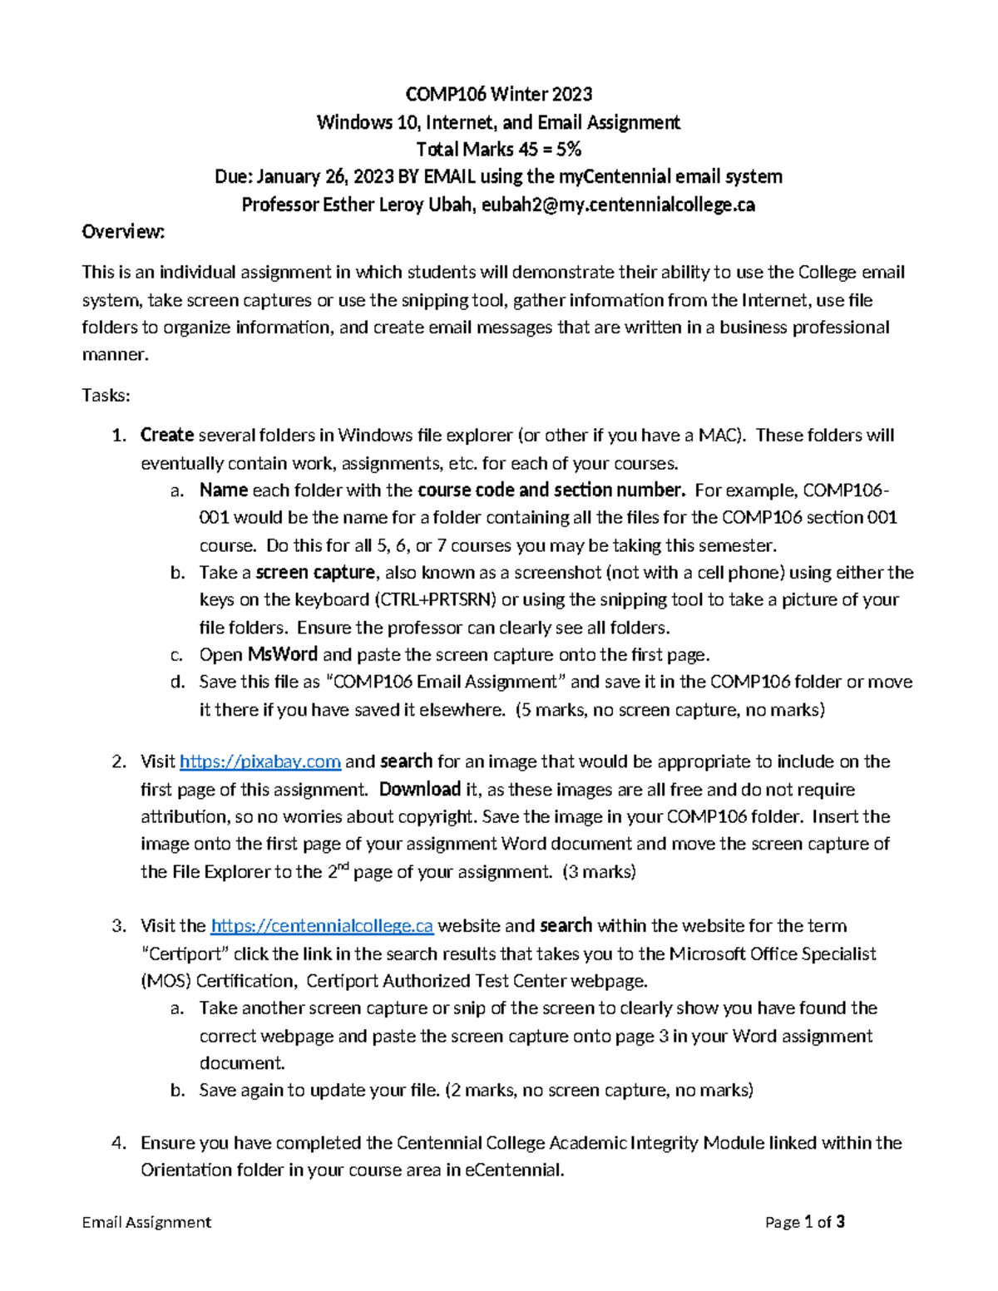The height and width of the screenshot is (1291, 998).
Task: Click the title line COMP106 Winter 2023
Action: [498, 94]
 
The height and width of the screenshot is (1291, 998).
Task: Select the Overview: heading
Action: [123, 232]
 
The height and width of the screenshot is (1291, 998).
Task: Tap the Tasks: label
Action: [106, 396]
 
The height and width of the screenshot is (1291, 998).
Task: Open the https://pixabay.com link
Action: [260, 762]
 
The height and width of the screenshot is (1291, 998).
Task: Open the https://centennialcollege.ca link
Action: [322, 926]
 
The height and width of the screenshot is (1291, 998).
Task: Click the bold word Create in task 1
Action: [166, 436]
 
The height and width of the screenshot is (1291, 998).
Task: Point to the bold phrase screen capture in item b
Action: [315, 573]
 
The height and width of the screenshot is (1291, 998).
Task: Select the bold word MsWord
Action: [283, 655]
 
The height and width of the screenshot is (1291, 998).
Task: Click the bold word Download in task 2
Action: [419, 790]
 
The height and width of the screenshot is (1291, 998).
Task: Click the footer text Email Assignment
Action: [146, 1222]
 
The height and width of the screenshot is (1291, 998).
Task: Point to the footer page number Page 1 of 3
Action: [804, 1222]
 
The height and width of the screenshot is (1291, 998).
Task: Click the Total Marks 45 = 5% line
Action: [498, 150]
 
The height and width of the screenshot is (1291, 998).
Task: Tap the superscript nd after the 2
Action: [337, 866]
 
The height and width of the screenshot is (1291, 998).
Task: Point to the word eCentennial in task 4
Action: [513, 1170]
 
